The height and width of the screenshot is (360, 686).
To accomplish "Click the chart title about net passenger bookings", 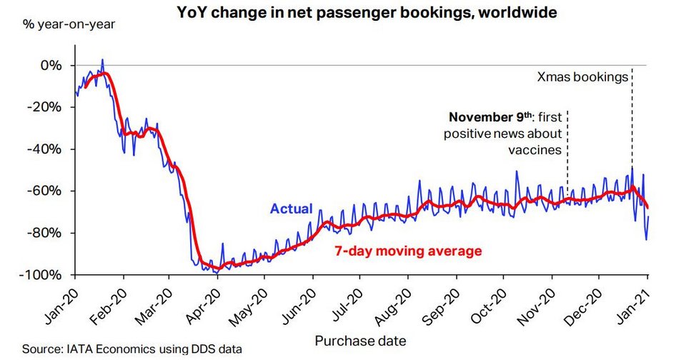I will pyautogui.click(x=363, y=12).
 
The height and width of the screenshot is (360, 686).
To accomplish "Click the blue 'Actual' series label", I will pyautogui.click(x=291, y=209).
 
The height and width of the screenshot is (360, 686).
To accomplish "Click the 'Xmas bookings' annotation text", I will pyautogui.click(x=582, y=76).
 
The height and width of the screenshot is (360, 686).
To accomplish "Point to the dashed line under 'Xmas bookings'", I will pyautogui.click(x=632, y=129).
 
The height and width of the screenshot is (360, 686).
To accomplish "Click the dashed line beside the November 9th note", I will pyautogui.click(x=567, y=150).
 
